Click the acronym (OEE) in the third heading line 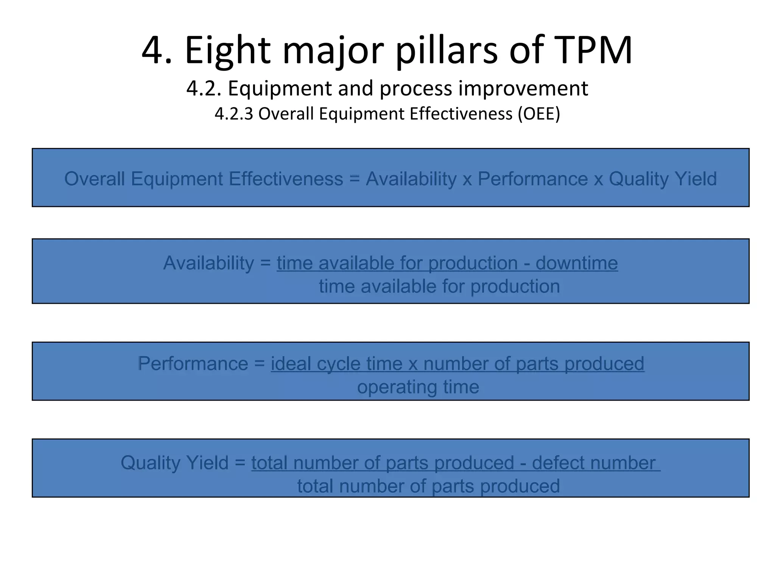point(539,113)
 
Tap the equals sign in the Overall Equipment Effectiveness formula point(354,179)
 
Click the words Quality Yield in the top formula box point(663,179)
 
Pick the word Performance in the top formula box point(532,179)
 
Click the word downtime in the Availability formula point(577,263)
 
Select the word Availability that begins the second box point(209,263)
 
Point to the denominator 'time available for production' point(439,286)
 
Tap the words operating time point(418,387)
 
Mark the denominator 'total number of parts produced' point(428,486)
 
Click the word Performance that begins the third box point(193,364)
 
